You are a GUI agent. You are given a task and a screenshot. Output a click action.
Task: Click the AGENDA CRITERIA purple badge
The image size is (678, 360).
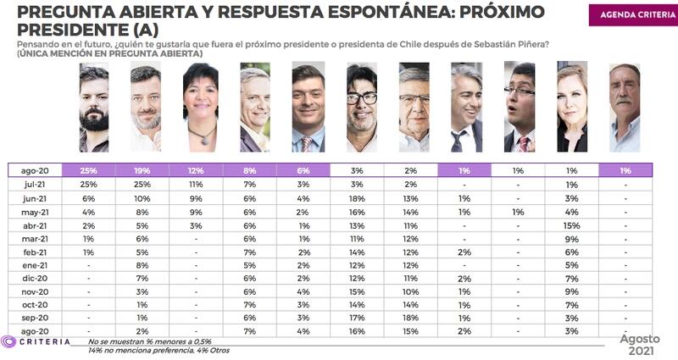631,15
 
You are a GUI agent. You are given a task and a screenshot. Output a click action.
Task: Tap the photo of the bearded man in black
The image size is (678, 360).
93,109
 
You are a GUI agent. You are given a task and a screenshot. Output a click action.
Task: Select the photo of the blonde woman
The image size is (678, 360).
571,108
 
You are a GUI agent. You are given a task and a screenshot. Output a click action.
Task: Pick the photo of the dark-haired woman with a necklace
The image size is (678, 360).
201,108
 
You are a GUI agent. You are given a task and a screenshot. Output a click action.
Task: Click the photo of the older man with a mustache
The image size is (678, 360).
625,108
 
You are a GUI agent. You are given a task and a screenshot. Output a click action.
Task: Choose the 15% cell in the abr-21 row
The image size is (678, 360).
572,225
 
